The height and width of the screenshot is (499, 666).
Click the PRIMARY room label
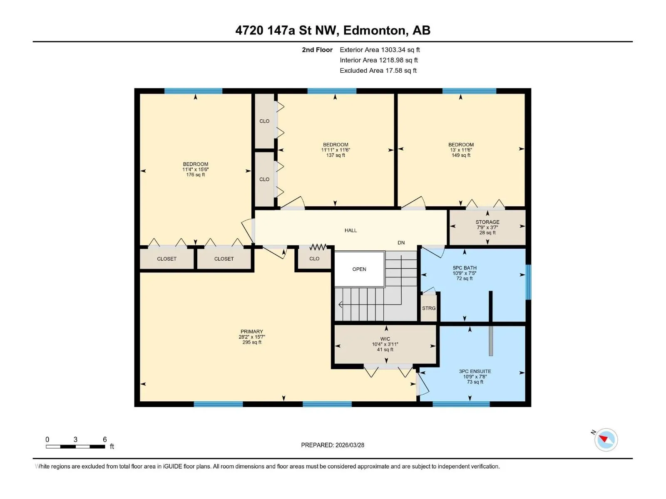[x=251, y=331]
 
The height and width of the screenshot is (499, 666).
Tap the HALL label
[x=350, y=230]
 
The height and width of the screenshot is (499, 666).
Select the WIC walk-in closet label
[x=385, y=339]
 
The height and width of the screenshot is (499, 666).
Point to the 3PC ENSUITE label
[x=475, y=371]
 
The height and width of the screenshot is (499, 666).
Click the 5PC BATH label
[x=465, y=268]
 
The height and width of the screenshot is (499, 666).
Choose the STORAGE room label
[x=487, y=222]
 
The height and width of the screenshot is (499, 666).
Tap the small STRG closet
[x=429, y=308]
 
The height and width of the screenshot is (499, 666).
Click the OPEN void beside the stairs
[x=359, y=269]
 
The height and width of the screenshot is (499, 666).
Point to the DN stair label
[x=401, y=243]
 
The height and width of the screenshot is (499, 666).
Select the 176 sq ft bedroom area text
[x=195, y=175]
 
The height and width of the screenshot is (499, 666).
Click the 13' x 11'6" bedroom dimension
[x=461, y=150]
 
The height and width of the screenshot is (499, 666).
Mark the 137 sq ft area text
[x=335, y=155]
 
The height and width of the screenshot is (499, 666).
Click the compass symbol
[x=606, y=440]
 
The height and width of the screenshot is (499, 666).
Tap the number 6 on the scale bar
[x=104, y=439]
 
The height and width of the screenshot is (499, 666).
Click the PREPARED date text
[x=333, y=445]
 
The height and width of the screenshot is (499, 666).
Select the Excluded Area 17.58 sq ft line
[x=378, y=71]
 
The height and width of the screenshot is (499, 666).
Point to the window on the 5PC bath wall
[x=529, y=282]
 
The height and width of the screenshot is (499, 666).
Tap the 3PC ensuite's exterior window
[x=461, y=404]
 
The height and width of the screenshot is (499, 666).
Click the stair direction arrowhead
[x=340, y=304]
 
